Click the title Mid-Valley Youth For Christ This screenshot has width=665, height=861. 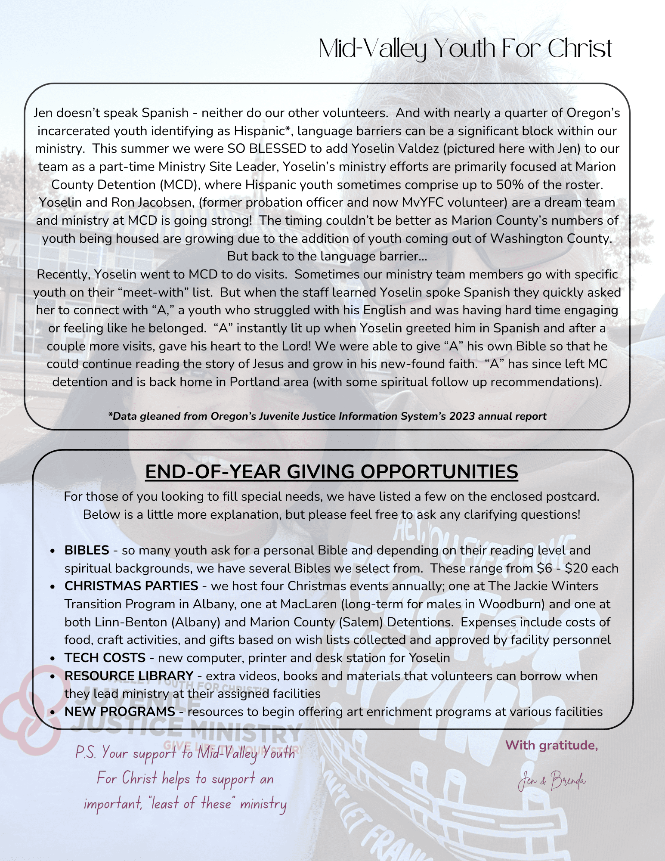[x=465, y=49]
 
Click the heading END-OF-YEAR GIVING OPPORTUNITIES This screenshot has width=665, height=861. [x=331, y=472]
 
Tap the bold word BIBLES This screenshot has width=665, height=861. [x=87, y=550]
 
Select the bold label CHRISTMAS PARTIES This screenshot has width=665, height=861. [x=131, y=586]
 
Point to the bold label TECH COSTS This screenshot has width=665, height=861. [x=105, y=658]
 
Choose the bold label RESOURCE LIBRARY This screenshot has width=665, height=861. [x=129, y=676]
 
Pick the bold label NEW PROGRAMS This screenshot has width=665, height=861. [x=120, y=712]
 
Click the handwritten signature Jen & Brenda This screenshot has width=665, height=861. [x=552, y=780]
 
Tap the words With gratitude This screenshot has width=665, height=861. [x=551, y=745]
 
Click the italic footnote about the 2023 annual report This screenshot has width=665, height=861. [x=327, y=416]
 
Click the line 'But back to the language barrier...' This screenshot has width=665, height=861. [x=327, y=256]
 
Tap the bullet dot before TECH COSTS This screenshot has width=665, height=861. [x=52, y=658]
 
